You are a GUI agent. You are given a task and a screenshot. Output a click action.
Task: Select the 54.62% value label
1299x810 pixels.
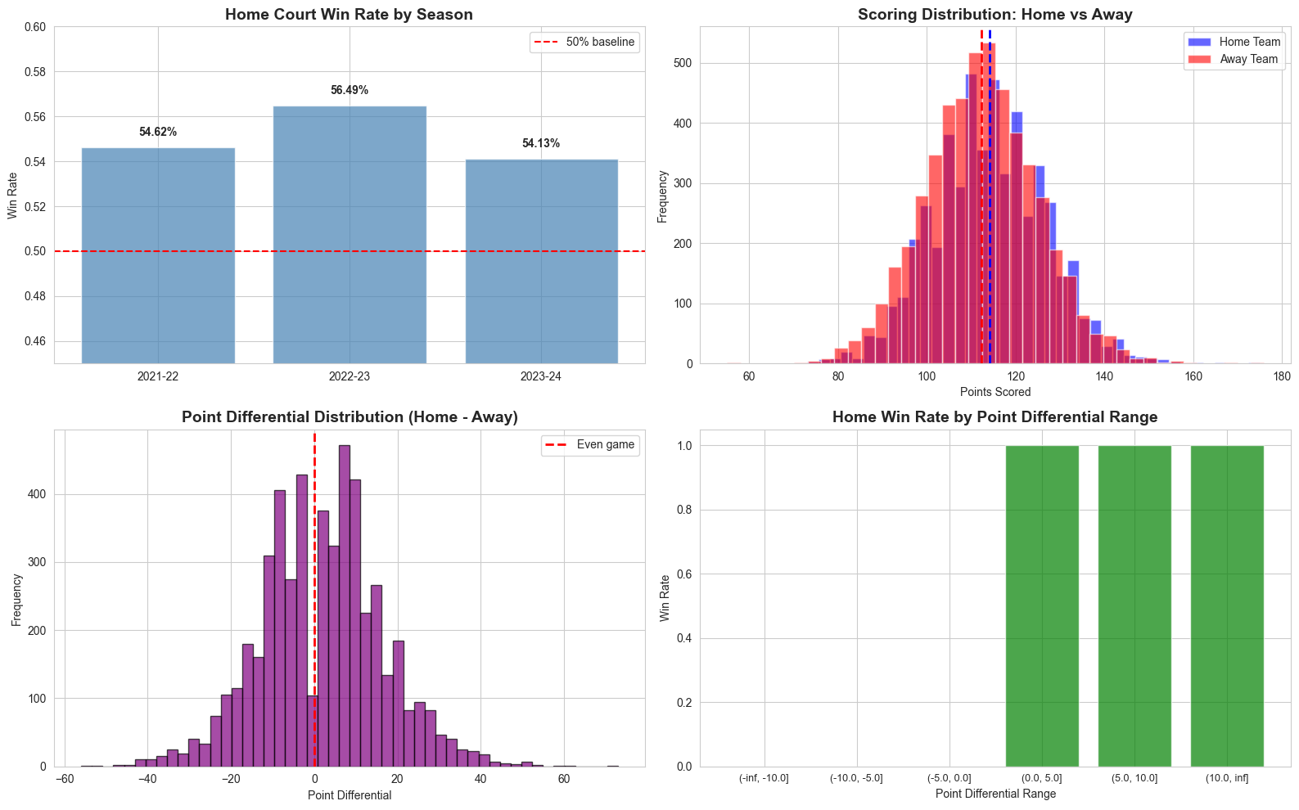click(x=158, y=132)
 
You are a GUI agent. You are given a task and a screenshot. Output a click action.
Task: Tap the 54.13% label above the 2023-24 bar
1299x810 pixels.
click(x=541, y=143)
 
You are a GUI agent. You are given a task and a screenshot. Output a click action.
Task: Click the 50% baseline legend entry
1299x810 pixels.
click(x=600, y=42)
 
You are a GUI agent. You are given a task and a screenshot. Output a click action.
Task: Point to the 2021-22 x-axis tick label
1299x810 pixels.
click(x=158, y=377)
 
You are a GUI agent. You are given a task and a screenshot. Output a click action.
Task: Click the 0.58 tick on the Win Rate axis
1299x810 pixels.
click(x=34, y=72)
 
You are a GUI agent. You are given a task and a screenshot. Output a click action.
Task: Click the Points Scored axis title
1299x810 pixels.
click(x=995, y=392)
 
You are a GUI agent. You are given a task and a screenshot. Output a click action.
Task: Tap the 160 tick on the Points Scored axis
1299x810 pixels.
click(x=1193, y=377)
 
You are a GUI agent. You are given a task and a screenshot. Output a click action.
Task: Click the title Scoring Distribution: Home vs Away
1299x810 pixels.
click(x=995, y=15)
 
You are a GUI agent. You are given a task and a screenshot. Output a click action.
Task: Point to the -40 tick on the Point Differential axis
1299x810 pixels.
click(x=147, y=780)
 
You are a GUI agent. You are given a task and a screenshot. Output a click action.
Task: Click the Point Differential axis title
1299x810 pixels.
click(x=350, y=795)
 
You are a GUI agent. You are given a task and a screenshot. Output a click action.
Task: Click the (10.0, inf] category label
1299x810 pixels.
click(x=1227, y=778)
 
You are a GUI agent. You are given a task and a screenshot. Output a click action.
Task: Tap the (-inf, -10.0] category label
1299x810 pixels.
click(x=764, y=778)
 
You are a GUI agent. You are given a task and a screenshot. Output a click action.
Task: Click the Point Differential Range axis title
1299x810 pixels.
click(x=995, y=794)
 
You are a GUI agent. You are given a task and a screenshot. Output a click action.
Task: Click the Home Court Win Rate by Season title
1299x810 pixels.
click(x=349, y=15)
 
